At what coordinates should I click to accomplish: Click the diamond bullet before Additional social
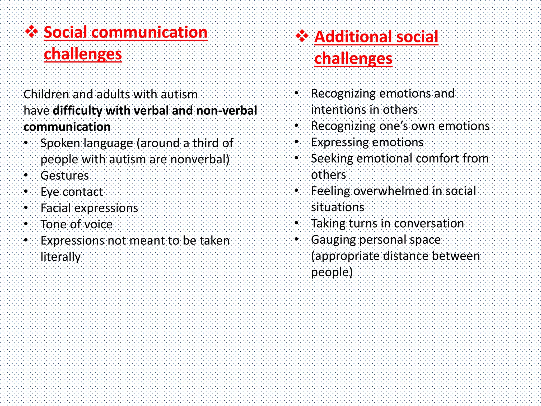click(x=302, y=36)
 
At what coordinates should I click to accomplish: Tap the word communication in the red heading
click(x=150, y=32)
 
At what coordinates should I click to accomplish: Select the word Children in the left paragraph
click(x=46, y=94)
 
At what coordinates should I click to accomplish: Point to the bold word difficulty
click(x=77, y=110)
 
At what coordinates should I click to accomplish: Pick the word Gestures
click(x=65, y=176)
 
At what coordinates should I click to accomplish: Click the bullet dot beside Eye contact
click(x=26, y=191)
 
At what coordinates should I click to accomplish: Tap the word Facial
click(x=56, y=208)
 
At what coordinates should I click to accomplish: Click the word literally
click(x=60, y=257)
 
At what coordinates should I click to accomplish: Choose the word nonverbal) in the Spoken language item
click(x=200, y=159)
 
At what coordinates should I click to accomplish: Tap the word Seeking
click(x=332, y=159)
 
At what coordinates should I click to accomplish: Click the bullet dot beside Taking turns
click(x=297, y=223)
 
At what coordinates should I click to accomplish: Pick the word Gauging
click(x=333, y=240)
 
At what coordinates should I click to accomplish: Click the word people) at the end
click(x=332, y=272)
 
